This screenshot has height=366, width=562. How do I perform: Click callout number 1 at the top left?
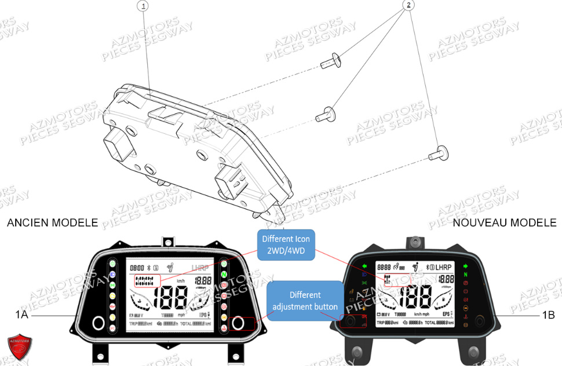pyautogui.click(x=143, y=6)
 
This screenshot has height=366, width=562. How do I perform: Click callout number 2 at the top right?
pyautogui.click(x=408, y=5)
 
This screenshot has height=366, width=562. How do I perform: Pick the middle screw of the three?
pyautogui.click(x=326, y=114)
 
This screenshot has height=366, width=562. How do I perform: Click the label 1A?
pyautogui.click(x=22, y=315)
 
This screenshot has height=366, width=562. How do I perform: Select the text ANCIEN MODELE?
pyautogui.click(x=52, y=223)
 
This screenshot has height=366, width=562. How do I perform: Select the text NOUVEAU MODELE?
pyautogui.click(x=504, y=223)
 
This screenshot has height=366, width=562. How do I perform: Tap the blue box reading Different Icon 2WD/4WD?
pyautogui.click(x=286, y=244)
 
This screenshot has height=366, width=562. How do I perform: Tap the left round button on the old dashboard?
pyautogui.click(x=97, y=323)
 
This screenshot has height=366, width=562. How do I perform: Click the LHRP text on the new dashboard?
pyautogui.click(x=444, y=266)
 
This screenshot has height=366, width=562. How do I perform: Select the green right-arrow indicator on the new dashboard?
pyautogui.click(x=465, y=266)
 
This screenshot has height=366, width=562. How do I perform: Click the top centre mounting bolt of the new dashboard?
pyautogui.click(x=415, y=240)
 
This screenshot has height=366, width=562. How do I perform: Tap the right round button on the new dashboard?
pyautogui.click(x=480, y=320)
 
